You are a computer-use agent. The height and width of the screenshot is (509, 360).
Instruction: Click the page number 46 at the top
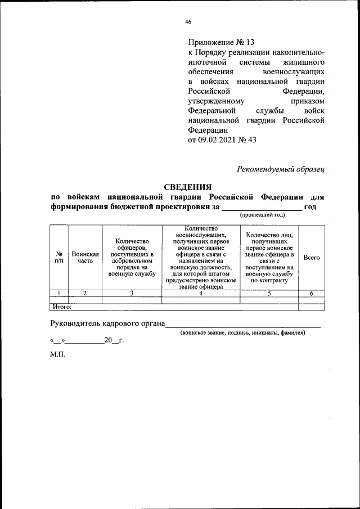pyautogui.click(x=188, y=22)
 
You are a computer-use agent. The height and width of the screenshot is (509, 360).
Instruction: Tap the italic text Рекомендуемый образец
pyautogui.click(x=281, y=169)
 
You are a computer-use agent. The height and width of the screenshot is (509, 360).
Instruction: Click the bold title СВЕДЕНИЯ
pyautogui.click(x=187, y=187)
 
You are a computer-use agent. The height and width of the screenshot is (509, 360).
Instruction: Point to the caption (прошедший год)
pyautogui.click(x=263, y=215)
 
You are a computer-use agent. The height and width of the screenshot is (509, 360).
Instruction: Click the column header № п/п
pyautogui.click(x=59, y=257)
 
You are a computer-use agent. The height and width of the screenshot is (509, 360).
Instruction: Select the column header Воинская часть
pyautogui.click(x=85, y=257)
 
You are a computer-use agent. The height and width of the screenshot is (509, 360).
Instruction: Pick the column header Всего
pyautogui.click(x=311, y=257)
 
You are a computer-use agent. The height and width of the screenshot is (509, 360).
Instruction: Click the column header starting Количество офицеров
pyautogui.click(x=132, y=257)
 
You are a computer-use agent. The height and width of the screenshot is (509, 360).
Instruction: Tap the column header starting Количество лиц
pyautogui.click(x=269, y=257)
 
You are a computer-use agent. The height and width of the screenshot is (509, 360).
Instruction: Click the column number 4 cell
pyautogui.click(x=201, y=293)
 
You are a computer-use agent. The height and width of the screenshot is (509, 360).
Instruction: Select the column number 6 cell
pyautogui.click(x=311, y=293)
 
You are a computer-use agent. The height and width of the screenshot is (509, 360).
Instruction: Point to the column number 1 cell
pyautogui.click(x=59, y=293)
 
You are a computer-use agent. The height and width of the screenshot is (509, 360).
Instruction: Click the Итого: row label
pyautogui.click(x=62, y=307)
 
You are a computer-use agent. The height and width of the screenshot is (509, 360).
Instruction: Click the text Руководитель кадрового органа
pyautogui.click(x=107, y=323)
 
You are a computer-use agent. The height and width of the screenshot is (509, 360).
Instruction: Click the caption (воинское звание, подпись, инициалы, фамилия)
pyautogui.click(x=242, y=333)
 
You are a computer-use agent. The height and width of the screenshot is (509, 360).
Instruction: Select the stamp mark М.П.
pyautogui.click(x=58, y=357)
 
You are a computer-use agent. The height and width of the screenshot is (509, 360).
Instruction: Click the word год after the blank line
pyautogui.click(x=310, y=206)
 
